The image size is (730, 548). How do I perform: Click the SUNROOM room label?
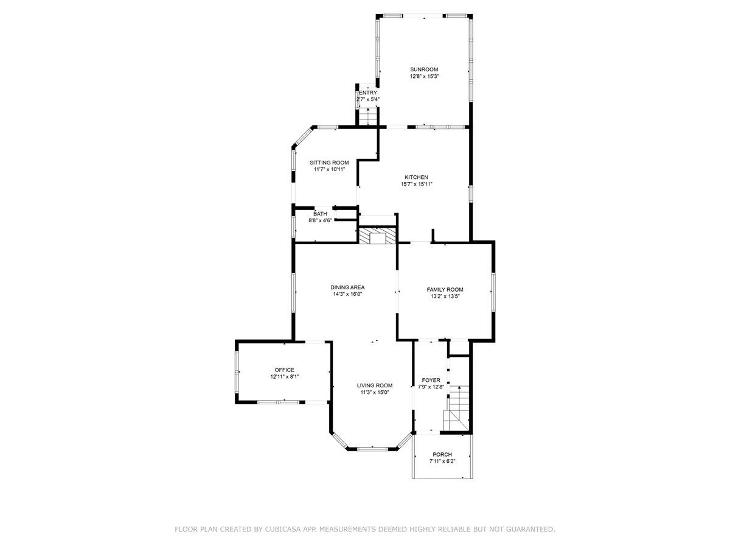click(423, 69)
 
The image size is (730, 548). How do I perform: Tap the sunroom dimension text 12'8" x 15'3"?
click(423, 77)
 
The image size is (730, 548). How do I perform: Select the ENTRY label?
click(368, 93)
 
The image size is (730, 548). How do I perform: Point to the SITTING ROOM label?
click(329, 163)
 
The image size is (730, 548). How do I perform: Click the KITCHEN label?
click(416, 177)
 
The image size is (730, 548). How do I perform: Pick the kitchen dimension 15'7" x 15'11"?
click(416, 184)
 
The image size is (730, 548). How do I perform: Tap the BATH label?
click(320, 214)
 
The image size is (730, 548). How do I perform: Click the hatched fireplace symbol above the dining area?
click(377, 236)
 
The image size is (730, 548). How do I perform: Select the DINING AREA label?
click(347, 287)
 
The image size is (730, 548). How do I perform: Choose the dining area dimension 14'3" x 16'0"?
click(347, 294)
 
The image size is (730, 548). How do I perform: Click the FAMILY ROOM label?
click(445, 290)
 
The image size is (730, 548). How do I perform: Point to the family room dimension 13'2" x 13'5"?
click(445, 297)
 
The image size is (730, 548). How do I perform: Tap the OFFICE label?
click(284, 370)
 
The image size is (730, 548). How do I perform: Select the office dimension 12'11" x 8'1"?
click(284, 377)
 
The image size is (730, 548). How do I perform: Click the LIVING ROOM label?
click(374, 385)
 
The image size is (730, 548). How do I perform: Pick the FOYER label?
click(431, 380)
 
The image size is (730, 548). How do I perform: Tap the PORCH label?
click(442, 454)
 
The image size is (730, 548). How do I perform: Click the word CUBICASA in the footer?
click(284, 530)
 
